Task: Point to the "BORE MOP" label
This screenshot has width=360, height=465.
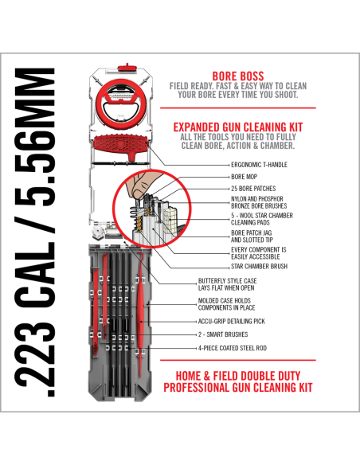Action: pos(221,176)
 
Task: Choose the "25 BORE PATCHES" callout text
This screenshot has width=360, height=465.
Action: pos(230,188)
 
